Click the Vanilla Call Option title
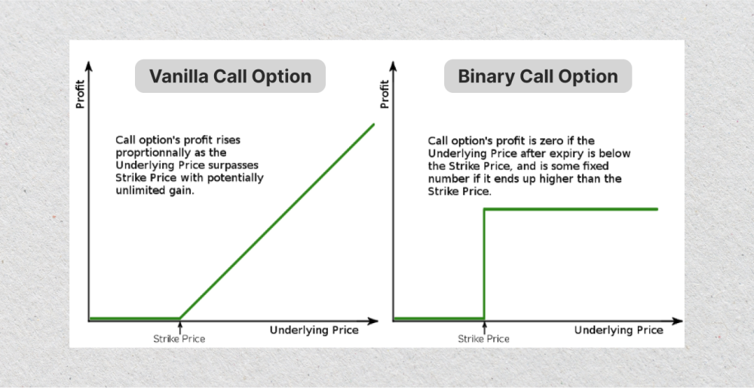coord(230,76)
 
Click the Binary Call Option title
coord(538,76)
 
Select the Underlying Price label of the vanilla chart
coord(314,330)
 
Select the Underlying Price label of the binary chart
coord(618,330)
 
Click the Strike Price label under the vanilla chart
coord(179,339)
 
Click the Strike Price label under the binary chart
coord(483,339)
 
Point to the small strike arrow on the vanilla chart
coord(179,327)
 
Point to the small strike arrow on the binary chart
coord(484,327)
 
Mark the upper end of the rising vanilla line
coord(373,124)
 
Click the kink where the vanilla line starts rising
coord(179,319)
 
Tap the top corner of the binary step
coord(484,209)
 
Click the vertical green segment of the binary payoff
coord(484,264)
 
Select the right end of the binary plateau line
coord(657,209)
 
